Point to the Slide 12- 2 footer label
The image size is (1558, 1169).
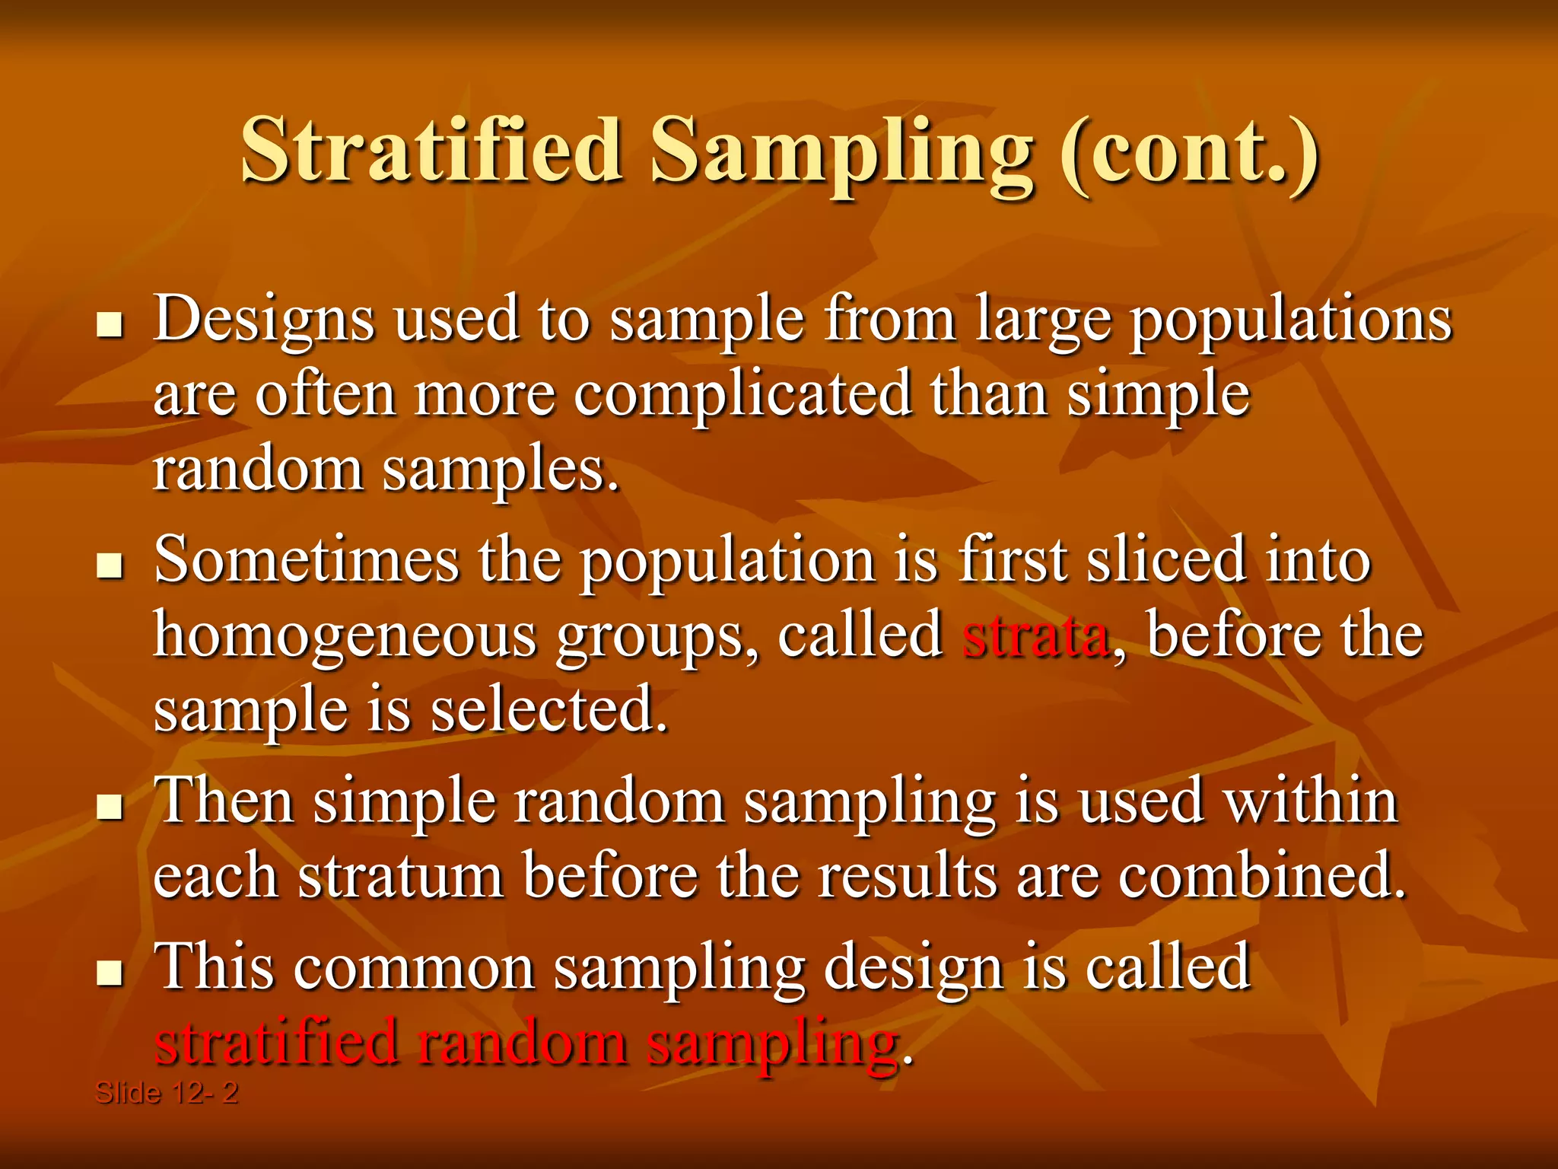point(166,1093)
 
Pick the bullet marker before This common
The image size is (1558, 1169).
point(111,972)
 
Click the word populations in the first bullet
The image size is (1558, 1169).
point(1290,320)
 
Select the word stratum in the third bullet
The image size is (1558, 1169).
point(401,877)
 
